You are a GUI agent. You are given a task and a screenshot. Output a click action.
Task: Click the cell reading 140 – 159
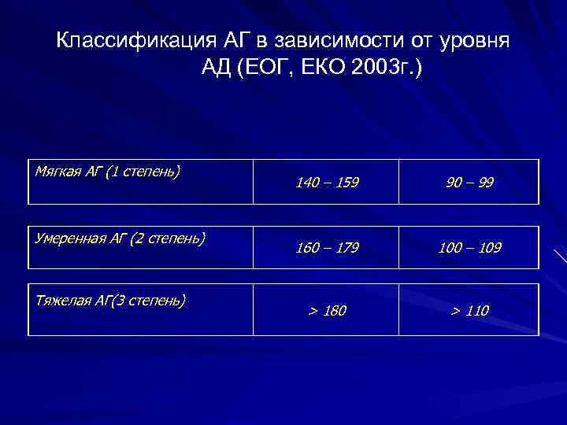pos(327,183)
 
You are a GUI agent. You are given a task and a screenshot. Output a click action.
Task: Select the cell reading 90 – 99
pos(469,183)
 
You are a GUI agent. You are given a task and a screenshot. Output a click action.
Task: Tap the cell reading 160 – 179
pos(327,248)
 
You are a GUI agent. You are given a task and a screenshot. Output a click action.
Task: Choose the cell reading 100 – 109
pos(469,248)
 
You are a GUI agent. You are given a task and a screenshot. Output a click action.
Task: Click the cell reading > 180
pos(327,312)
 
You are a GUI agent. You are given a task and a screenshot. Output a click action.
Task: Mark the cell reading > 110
pos(469,312)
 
